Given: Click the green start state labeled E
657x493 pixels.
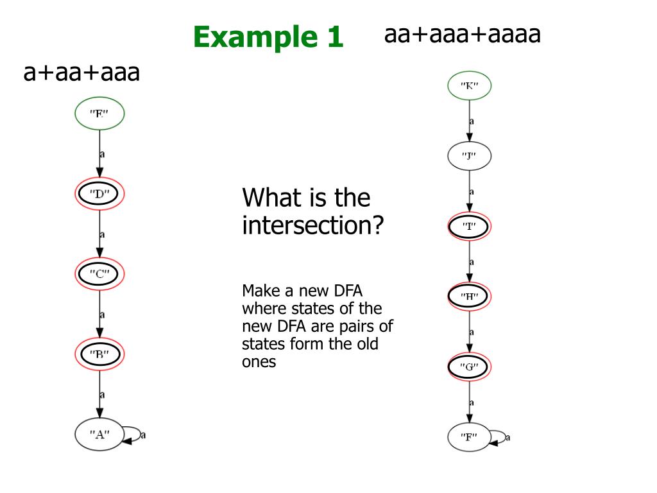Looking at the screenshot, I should (x=99, y=114).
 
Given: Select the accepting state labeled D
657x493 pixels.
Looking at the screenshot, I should (x=99, y=194).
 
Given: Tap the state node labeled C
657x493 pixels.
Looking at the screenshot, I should (x=99, y=274).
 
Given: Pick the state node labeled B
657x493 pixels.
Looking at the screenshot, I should (x=99, y=354).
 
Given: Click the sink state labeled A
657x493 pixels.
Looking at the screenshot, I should (x=99, y=435).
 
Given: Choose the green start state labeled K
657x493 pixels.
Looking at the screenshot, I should (x=469, y=85).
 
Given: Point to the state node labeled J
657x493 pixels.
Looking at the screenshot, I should (x=469, y=155).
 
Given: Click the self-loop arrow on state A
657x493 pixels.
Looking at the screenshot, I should (x=135, y=435).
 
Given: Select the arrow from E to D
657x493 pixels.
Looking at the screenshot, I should (x=99, y=154).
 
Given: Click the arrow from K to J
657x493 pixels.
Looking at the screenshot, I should (x=470, y=120).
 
